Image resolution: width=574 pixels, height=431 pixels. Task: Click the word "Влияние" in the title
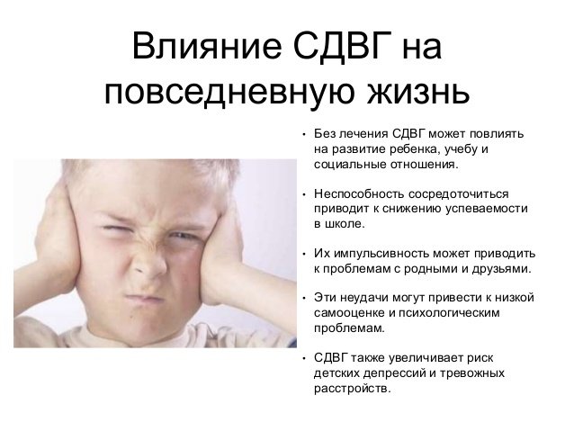point(207,47)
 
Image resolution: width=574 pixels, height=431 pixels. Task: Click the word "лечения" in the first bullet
point(363,134)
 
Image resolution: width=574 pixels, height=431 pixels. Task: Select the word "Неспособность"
point(359,193)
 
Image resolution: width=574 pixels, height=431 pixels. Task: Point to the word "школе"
point(344,224)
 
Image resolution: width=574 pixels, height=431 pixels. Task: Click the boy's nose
point(149,265)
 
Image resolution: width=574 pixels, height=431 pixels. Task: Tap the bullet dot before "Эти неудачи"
point(304,298)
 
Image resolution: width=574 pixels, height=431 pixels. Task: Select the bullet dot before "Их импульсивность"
point(304,254)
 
